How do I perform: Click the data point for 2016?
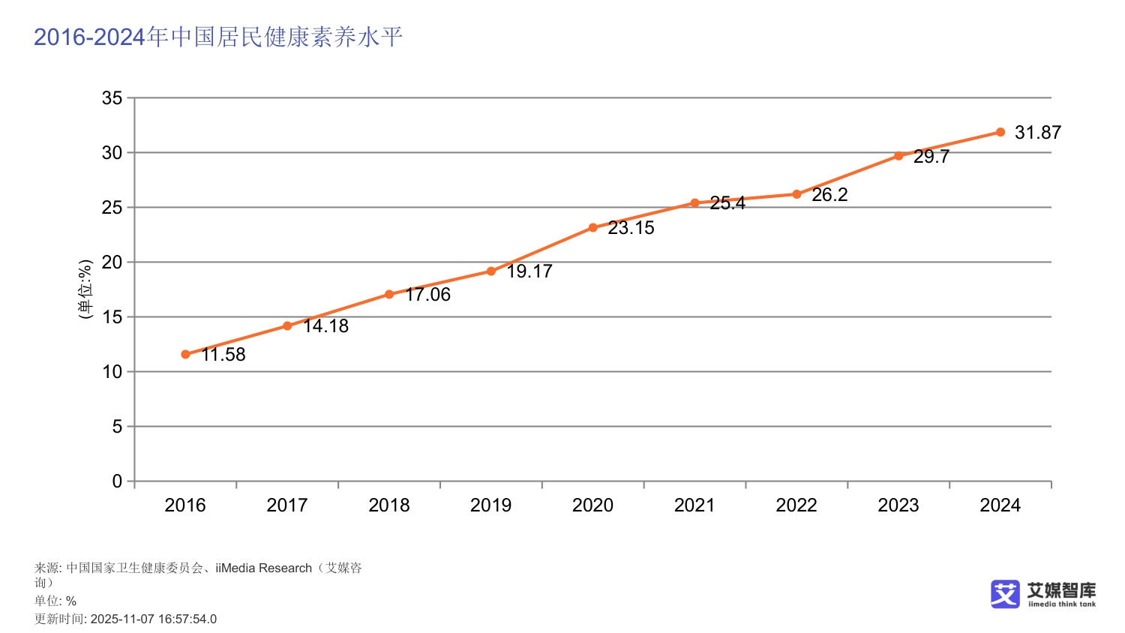(x=185, y=354)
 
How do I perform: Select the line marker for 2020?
(x=592, y=227)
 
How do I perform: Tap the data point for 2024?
(x=1000, y=132)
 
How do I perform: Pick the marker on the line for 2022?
(x=796, y=194)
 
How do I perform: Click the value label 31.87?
(x=1037, y=133)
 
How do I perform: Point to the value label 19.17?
(x=529, y=271)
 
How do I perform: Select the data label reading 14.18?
(x=325, y=326)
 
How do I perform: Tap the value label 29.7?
(x=931, y=157)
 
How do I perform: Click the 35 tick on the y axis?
(x=112, y=98)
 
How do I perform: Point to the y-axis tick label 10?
(x=112, y=372)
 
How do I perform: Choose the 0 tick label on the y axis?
(x=117, y=481)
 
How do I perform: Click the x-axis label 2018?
(x=388, y=505)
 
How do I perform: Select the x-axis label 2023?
(x=898, y=505)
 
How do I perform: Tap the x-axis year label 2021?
(x=694, y=505)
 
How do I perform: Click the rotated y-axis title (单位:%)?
(x=85, y=289)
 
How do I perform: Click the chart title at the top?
(x=218, y=37)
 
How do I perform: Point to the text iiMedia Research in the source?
(x=263, y=568)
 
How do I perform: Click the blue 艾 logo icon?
(x=1005, y=593)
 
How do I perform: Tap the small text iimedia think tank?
(x=1062, y=604)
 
